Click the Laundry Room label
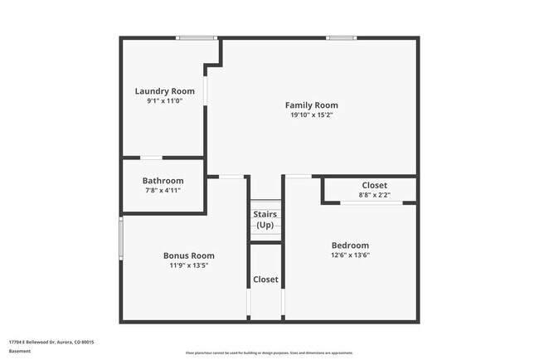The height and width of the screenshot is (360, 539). coord(164,90)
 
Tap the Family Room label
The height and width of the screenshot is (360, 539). coord(311,105)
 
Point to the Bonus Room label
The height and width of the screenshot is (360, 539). coord(188,255)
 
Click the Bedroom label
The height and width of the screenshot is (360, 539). coord(350,246)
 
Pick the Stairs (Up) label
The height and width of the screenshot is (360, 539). coord(265,220)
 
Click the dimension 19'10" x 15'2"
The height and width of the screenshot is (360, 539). coord(311,115)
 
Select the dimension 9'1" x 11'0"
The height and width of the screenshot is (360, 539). coord(164,100)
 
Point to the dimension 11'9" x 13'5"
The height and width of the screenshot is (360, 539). coord(188,265)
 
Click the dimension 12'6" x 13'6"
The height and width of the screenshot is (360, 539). coord(350,255)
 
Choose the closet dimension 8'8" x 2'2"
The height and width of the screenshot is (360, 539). coord(374,195)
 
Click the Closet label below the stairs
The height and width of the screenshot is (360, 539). coord(265,280)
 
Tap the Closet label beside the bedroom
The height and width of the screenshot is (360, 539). coord(374,185)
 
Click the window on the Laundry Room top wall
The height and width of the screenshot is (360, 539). coord(197,38)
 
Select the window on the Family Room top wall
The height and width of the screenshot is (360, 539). coord(341,38)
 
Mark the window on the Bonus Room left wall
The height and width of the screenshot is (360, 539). coord(121,238)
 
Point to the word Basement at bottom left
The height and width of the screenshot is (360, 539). coord(20,351)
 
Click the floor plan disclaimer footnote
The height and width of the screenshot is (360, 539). coord(269,353)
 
